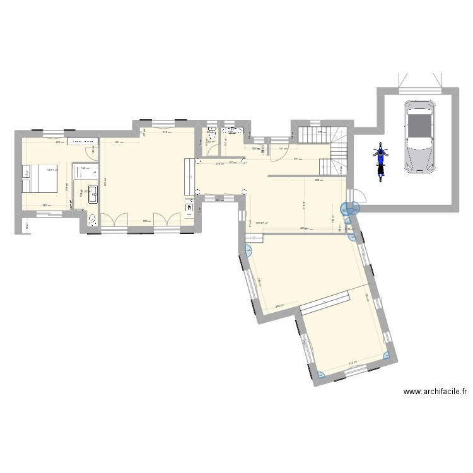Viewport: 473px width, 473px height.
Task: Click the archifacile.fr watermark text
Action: pyautogui.click(x=435, y=392)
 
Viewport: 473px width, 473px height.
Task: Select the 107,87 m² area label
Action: pyautogui.click(x=262, y=222)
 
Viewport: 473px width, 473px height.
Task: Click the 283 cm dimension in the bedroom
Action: pyautogui.click(x=46, y=206)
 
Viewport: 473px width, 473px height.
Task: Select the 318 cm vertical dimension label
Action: pyautogui.click(x=303, y=206)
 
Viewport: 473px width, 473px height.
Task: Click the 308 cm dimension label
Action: pyautogui.click(x=320, y=180)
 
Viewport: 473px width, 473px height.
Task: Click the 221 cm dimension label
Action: pyautogui.click(x=119, y=142)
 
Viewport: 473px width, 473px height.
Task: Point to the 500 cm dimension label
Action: pyautogui.click(x=146, y=221)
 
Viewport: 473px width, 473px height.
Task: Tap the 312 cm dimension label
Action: pyautogui.click(x=165, y=132)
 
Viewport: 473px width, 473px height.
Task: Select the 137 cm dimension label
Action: pyautogui.click(x=231, y=163)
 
